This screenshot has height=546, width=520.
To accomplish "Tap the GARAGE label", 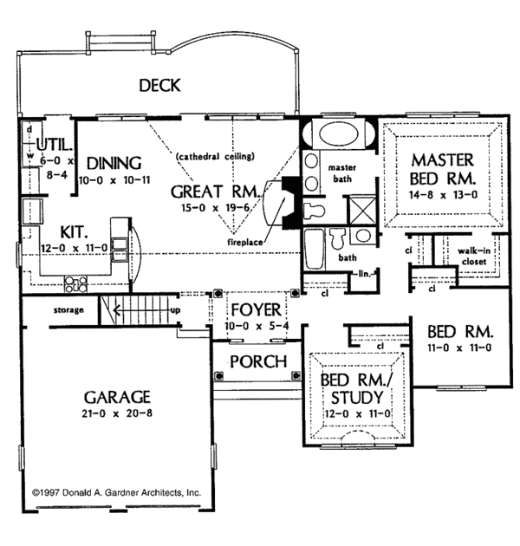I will pos(118,397).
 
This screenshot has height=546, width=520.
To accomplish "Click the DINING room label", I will pos(108,162).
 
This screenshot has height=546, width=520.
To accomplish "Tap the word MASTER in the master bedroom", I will pos(442,159).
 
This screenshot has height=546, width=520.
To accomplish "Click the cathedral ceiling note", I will pos(214,157).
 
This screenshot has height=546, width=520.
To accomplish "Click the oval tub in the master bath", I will pos(338,136).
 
